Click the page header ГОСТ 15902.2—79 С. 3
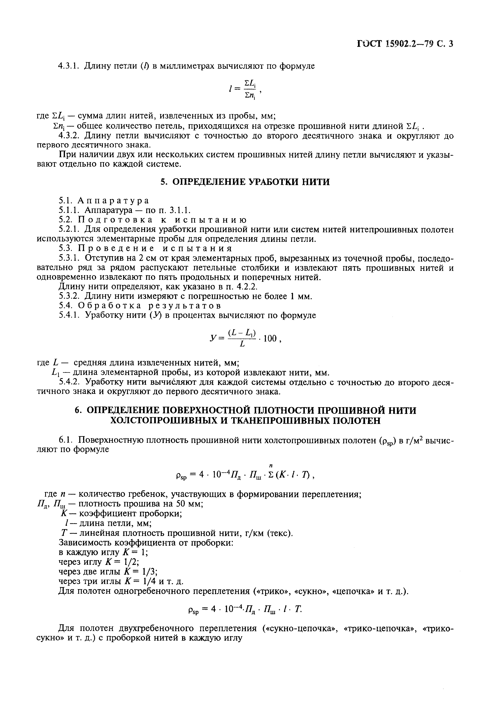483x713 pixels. [405, 44]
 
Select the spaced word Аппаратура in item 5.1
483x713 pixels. [113, 201]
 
